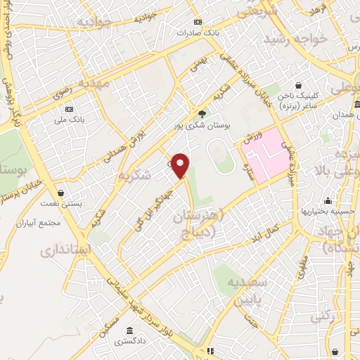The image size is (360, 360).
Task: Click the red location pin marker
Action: point(181,166)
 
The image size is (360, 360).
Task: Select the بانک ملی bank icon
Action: point(70,110)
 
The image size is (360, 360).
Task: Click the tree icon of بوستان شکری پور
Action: point(202,113)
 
